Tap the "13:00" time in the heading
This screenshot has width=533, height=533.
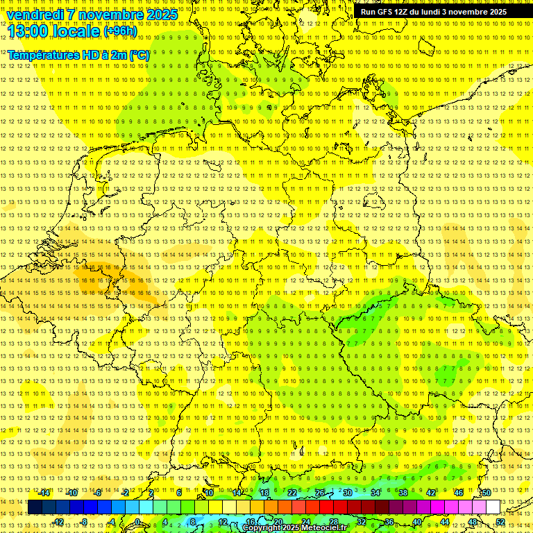pos(26,31)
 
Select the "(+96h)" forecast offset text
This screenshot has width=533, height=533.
pos(120,31)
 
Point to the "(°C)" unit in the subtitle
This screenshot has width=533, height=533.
pos(137,55)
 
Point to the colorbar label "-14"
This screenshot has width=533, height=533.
pos(44,493)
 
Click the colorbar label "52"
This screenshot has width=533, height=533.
pos(500,522)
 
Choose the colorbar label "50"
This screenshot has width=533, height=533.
pos(487,493)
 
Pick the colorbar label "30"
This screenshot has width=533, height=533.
pos(348,493)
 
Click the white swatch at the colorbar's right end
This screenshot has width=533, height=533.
pos(493,507)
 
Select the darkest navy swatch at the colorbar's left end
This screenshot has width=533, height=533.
pos(35,507)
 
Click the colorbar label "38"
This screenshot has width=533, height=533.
pos(403,493)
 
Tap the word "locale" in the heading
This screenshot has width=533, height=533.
pos(74,31)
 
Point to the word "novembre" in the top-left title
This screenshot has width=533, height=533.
pos(107,14)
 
